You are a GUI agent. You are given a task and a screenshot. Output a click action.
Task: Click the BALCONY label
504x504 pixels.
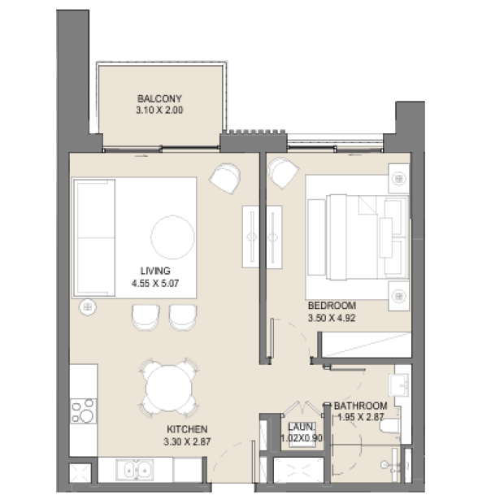click(159, 98)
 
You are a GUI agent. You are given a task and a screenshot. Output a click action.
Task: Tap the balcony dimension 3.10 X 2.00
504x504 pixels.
click(159, 110)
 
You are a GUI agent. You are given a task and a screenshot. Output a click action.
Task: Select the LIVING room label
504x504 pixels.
click(155, 271)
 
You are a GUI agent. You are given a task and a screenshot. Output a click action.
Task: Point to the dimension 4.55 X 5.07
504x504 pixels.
click(155, 283)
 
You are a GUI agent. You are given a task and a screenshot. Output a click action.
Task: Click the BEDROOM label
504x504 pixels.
click(332, 306)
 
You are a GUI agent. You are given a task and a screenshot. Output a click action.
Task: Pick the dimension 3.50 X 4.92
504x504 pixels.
click(332, 318)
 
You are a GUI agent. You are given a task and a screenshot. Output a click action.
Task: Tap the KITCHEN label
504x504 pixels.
click(187, 429)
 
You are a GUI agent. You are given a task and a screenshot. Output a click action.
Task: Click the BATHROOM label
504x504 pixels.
click(361, 406)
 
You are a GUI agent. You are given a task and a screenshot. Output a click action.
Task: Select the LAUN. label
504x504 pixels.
click(302, 427)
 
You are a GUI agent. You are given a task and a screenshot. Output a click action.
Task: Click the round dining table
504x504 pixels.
click(169, 388)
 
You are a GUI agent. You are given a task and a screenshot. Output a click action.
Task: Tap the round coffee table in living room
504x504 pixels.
click(172, 237)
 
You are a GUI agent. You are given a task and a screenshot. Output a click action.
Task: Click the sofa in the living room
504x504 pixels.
click(94, 238)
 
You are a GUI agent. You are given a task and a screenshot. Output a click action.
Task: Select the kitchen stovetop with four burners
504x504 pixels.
click(83, 411)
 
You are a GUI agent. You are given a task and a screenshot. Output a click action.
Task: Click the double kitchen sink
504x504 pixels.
click(135, 469)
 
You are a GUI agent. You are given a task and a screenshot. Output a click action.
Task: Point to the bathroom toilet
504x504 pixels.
click(390, 427)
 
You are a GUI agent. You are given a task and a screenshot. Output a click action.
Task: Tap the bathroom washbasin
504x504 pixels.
click(399, 385)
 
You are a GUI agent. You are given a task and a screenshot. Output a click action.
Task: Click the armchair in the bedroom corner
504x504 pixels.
click(283, 172)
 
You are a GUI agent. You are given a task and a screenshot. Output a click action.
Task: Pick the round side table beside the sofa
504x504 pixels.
click(88, 307)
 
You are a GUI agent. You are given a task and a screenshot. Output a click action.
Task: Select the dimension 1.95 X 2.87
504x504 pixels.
click(361, 417)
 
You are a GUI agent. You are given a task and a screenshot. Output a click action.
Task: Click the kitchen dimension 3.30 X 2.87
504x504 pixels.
click(187, 441)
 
